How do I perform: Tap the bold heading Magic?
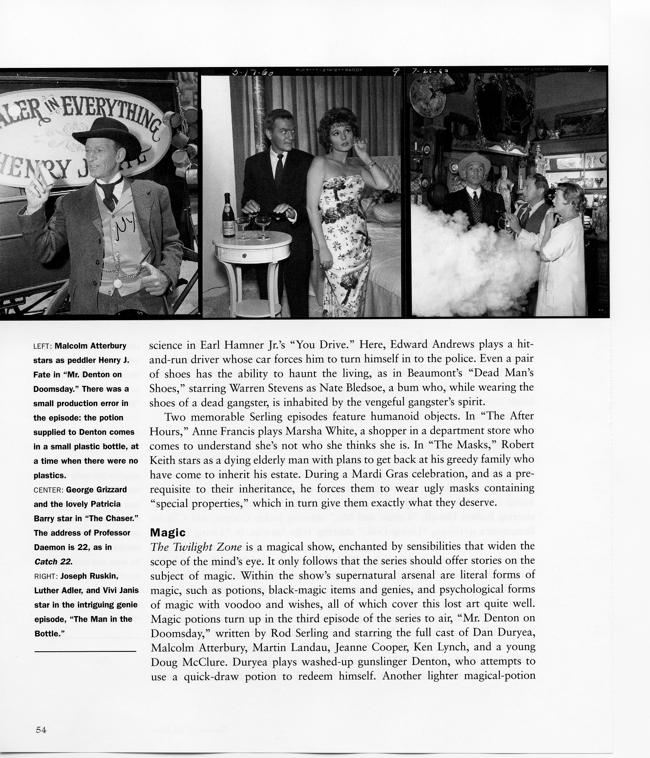pos(168,532)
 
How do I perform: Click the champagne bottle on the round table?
pos(229,216)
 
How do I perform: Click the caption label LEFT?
pos(43,346)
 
